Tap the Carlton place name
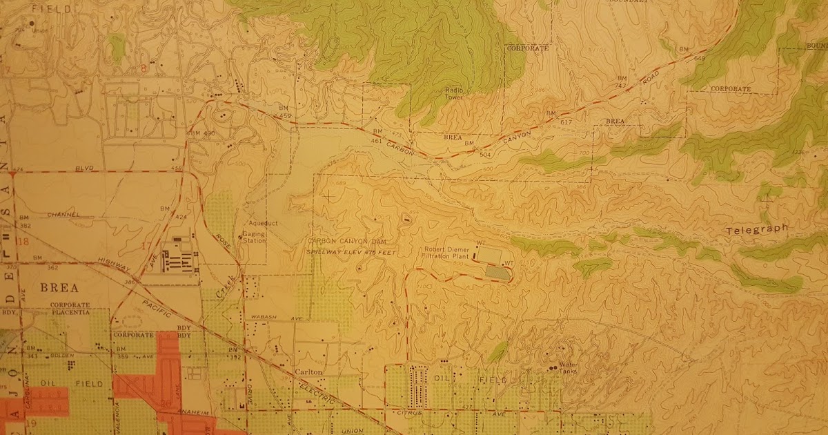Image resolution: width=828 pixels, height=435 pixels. tap(308, 371)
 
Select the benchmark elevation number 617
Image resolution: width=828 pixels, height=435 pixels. tap(566, 122)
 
